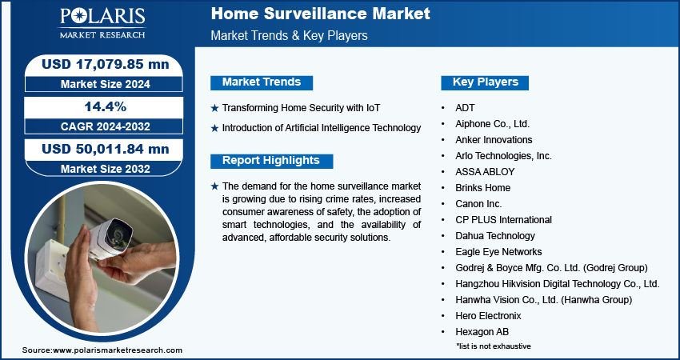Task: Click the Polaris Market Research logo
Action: click(x=102, y=23)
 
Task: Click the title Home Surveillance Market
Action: click(x=321, y=14)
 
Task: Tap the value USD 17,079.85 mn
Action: click(x=106, y=64)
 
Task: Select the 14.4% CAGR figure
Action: click(x=106, y=106)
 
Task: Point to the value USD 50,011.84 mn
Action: click(x=106, y=149)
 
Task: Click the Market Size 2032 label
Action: click(x=106, y=169)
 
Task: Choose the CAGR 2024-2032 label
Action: click(x=106, y=126)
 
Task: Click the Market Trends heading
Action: click(x=262, y=82)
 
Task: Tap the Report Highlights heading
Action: click(x=271, y=161)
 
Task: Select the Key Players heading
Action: click(x=486, y=82)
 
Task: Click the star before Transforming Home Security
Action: click(x=214, y=109)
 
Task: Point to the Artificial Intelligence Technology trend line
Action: click(x=322, y=128)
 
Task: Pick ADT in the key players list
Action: click(x=465, y=107)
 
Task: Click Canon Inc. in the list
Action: click(x=478, y=204)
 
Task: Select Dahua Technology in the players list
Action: click(x=495, y=236)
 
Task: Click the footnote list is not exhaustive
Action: click(x=494, y=346)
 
